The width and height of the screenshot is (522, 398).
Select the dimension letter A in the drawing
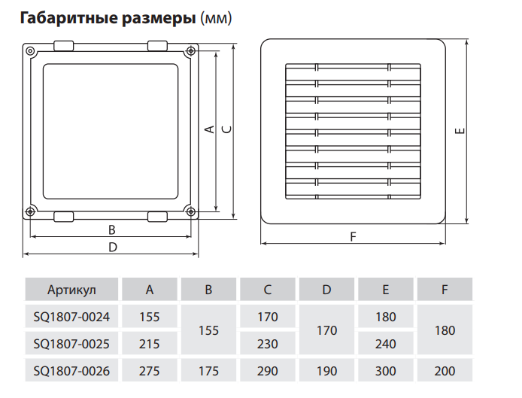point(210,129)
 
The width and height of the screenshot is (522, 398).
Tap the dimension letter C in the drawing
point(226,129)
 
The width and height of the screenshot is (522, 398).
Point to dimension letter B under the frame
point(111,229)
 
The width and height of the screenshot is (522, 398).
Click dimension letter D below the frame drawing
point(112,247)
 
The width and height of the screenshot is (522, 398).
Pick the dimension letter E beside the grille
point(460,132)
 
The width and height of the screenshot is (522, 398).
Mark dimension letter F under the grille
point(353,236)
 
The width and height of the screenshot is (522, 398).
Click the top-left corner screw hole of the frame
point(30,51)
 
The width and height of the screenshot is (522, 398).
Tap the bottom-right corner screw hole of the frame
point(191,211)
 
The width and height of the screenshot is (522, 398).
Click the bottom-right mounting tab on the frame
point(157,217)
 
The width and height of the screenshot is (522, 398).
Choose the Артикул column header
point(71,290)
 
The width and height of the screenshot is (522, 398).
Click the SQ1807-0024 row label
point(71,317)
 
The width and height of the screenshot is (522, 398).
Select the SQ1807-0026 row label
point(71,371)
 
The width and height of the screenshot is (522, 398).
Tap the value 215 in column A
point(150,344)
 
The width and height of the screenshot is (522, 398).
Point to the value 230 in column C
point(267,344)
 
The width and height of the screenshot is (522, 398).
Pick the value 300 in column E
point(385,371)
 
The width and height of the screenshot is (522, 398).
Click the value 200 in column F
point(445,371)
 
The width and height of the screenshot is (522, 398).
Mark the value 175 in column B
point(208,371)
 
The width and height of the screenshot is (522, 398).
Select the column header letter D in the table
point(326,290)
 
